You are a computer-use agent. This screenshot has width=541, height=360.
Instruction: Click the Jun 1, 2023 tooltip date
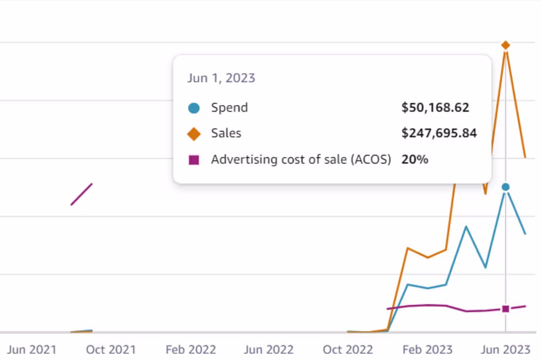pos(221,78)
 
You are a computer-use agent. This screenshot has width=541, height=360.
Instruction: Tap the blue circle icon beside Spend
pos(194,108)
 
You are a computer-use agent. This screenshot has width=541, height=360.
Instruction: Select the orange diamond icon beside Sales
pos(194,134)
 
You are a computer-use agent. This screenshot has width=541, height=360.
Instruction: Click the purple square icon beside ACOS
pos(194,160)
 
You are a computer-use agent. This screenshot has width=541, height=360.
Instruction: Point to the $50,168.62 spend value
pos(435,108)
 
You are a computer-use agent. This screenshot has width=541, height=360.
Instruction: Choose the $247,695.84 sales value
pos(439,133)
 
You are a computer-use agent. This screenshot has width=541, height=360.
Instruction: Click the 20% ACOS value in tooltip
pos(415,160)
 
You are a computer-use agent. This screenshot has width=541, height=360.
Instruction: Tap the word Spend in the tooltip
pos(229,108)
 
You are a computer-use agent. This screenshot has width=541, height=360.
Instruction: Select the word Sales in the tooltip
pos(226,133)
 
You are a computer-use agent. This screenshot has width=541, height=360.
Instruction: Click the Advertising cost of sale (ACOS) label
pos(301,160)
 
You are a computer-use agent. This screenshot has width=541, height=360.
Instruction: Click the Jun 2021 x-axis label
pos(32,350)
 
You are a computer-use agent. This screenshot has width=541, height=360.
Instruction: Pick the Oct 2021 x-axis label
pos(111,350)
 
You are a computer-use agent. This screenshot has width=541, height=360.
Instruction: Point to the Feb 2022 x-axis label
pos(191,350)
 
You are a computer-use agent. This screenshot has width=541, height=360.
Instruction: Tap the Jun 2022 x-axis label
pos(269,350)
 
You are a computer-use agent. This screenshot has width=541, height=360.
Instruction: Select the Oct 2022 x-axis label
pos(348,350)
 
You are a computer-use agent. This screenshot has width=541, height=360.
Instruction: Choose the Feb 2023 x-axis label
pos(427,350)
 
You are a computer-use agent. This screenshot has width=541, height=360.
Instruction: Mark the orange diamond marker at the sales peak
pos(506,45)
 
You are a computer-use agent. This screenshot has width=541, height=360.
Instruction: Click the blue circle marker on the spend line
pos(506,187)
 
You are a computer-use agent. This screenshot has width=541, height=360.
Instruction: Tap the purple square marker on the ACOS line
pos(506,309)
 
